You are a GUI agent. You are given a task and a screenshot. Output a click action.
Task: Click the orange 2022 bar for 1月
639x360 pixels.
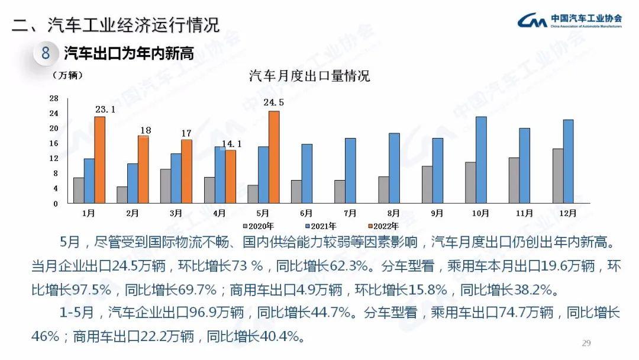click(100, 160)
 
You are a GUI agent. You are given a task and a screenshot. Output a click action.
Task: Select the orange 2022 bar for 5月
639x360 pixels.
click(274, 157)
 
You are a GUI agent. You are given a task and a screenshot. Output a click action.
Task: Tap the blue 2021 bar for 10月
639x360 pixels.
click(481, 160)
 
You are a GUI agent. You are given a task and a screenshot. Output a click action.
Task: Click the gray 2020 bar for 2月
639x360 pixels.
click(122, 195)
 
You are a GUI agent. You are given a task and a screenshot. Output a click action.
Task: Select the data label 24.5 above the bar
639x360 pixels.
click(273, 102)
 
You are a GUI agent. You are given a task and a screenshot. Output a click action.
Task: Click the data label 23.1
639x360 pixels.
click(105, 110)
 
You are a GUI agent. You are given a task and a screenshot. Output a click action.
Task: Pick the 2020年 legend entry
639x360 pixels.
click(259, 226)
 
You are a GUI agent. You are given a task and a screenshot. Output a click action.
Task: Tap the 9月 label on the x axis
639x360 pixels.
click(437, 213)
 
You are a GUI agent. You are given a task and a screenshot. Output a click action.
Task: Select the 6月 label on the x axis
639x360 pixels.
click(306, 213)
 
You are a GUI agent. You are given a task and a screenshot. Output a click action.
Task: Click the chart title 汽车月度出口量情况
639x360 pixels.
click(309, 76)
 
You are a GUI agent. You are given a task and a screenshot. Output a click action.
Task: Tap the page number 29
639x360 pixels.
click(587, 343)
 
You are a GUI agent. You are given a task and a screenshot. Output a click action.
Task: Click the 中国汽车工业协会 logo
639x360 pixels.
click(570, 21)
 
